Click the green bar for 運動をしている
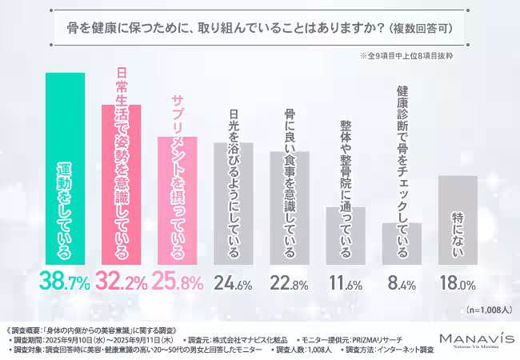click(x=64, y=168)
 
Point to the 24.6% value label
click(x=234, y=281)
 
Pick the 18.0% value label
click(x=458, y=281)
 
